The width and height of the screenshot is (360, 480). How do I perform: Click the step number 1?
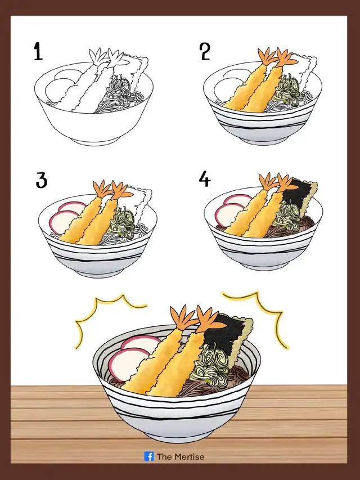[38, 51]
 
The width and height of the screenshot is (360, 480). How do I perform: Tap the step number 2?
[205, 51]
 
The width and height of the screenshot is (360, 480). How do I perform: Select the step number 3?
[41, 180]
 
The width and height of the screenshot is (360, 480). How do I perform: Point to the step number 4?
[205, 179]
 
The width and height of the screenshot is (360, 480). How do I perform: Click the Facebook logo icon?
[149, 456]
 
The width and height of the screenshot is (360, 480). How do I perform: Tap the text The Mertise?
[181, 457]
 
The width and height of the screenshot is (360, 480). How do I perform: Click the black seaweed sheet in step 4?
[299, 193]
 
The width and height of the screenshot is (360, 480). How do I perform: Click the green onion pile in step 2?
[286, 89]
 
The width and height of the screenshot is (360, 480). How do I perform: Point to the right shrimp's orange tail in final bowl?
[206, 319]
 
